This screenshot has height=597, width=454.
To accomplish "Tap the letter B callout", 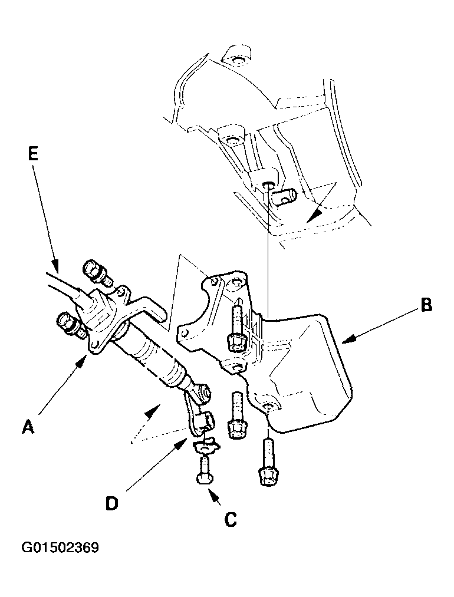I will [426, 306].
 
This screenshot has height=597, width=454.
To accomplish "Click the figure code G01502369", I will [60, 548].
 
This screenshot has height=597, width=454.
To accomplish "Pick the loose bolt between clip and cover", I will [236, 421].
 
